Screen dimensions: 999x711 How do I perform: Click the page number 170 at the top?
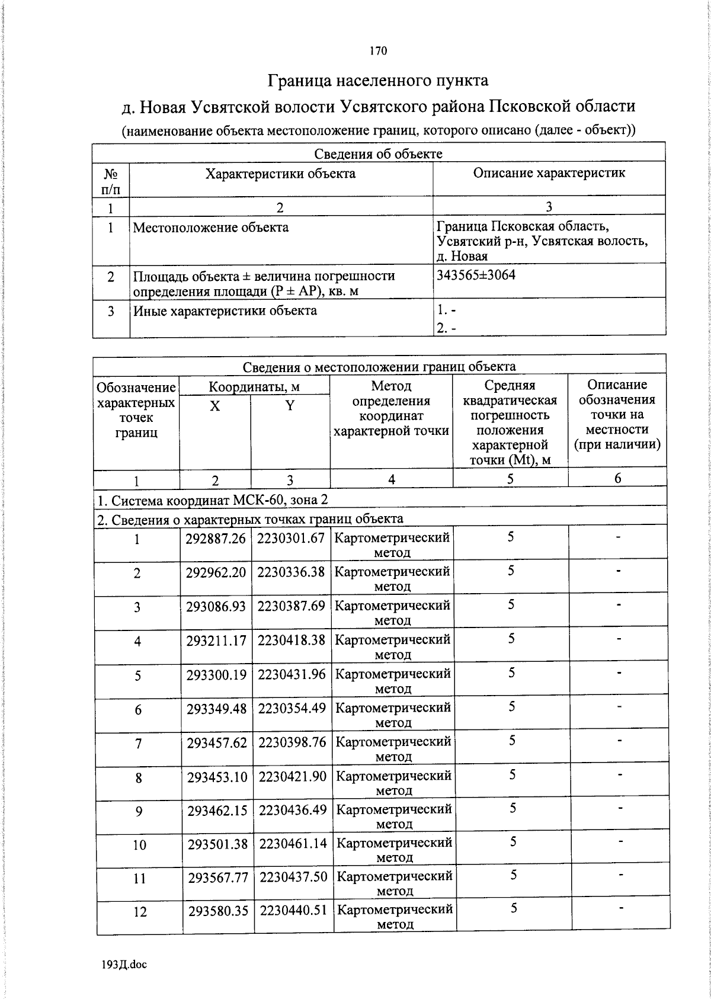[x=378, y=51]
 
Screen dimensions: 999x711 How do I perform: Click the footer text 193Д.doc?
[x=124, y=965]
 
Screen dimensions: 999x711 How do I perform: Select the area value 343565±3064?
[x=476, y=275]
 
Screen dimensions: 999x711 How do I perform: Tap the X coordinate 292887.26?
[x=216, y=538]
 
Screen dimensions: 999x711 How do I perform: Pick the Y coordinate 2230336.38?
[x=291, y=572]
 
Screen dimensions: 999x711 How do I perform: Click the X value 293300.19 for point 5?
[x=216, y=674]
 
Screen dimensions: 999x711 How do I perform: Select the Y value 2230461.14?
[x=293, y=843]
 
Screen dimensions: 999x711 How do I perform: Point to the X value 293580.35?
[x=217, y=911]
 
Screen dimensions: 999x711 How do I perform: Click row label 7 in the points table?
[x=138, y=743]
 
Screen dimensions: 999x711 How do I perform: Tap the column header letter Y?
[x=290, y=406]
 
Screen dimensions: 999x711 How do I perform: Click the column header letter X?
[x=215, y=406]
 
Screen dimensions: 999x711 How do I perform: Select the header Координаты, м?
[x=254, y=387]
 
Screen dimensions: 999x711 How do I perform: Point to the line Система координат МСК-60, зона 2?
[x=212, y=500]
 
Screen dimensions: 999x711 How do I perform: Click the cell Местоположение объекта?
[x=210, y=228]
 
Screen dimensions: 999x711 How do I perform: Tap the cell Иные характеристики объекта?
[x=225, y=311]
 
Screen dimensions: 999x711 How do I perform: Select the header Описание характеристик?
[x=549, y=173]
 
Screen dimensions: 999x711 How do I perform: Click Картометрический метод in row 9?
[x=394, y=816]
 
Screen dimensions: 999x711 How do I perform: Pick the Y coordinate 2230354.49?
[x=292, y=708]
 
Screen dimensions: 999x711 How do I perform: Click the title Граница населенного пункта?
[x=379, y=80]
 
